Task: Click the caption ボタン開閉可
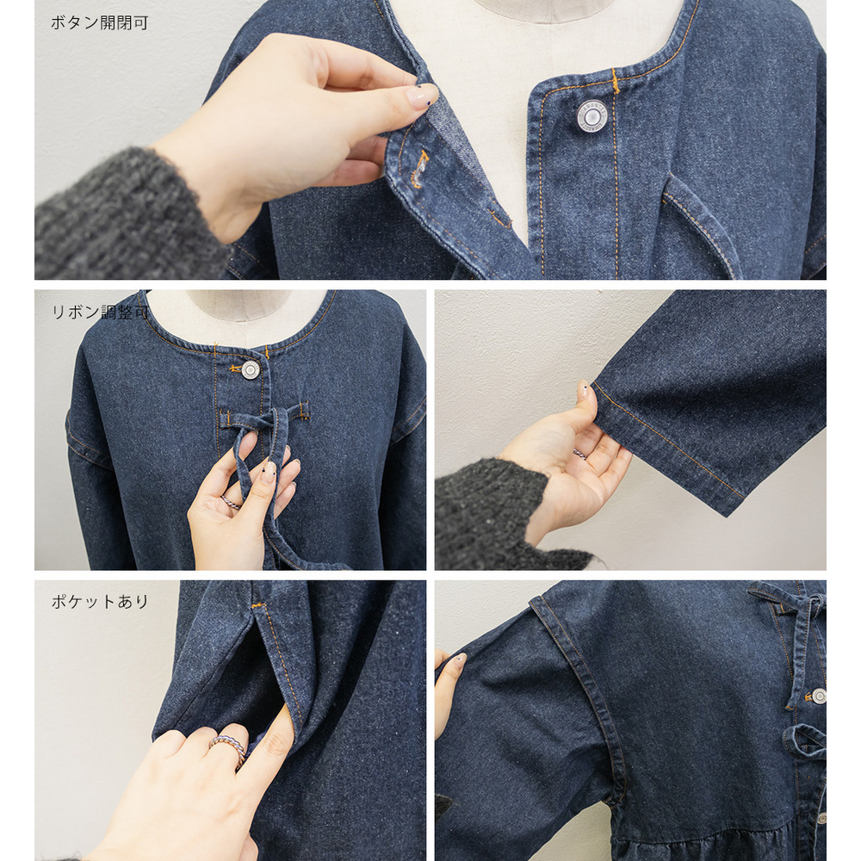pos(99,22)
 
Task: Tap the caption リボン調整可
pos(99,312)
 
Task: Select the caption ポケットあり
pos(99,601)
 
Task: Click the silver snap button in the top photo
pos(592,117)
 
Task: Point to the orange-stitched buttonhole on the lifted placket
pos(420,169)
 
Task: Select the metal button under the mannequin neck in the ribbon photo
pos(251,369)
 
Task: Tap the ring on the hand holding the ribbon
pos(232,501)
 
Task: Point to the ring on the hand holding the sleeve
pos(579,453)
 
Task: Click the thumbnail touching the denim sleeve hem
pos(585,391)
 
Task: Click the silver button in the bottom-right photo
pos(818,697)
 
